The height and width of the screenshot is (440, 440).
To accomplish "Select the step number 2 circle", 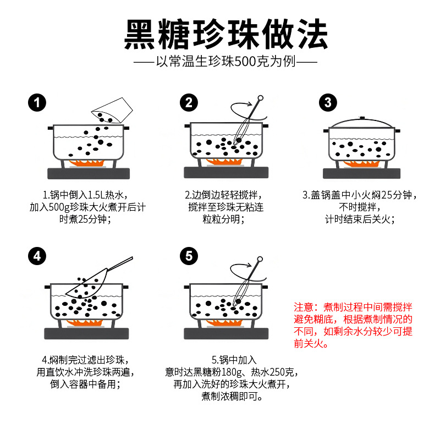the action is [189, 102].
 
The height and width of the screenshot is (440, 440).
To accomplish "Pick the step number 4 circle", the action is [37, 256].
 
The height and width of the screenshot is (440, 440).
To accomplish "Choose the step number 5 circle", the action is [189, 256].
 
